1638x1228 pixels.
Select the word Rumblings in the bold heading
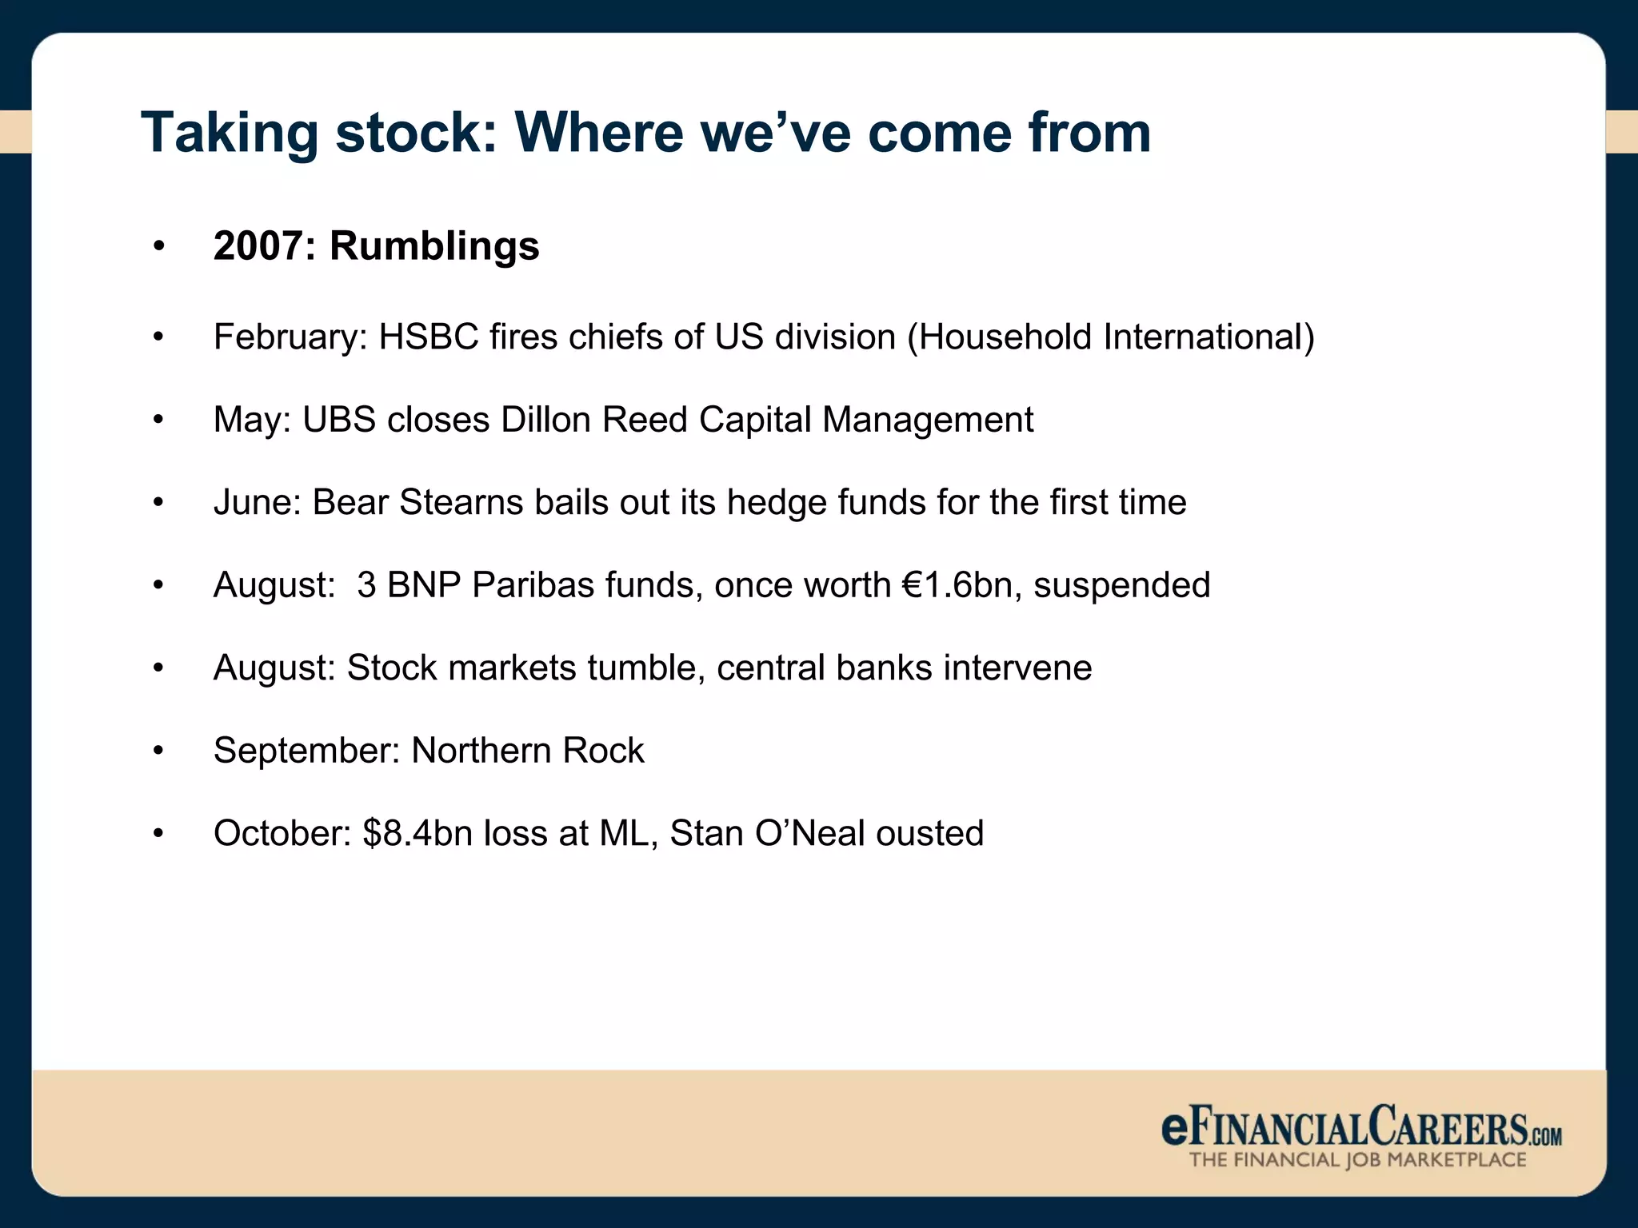pos(434,246)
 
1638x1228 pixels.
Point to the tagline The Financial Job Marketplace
pos(1357,1160)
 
